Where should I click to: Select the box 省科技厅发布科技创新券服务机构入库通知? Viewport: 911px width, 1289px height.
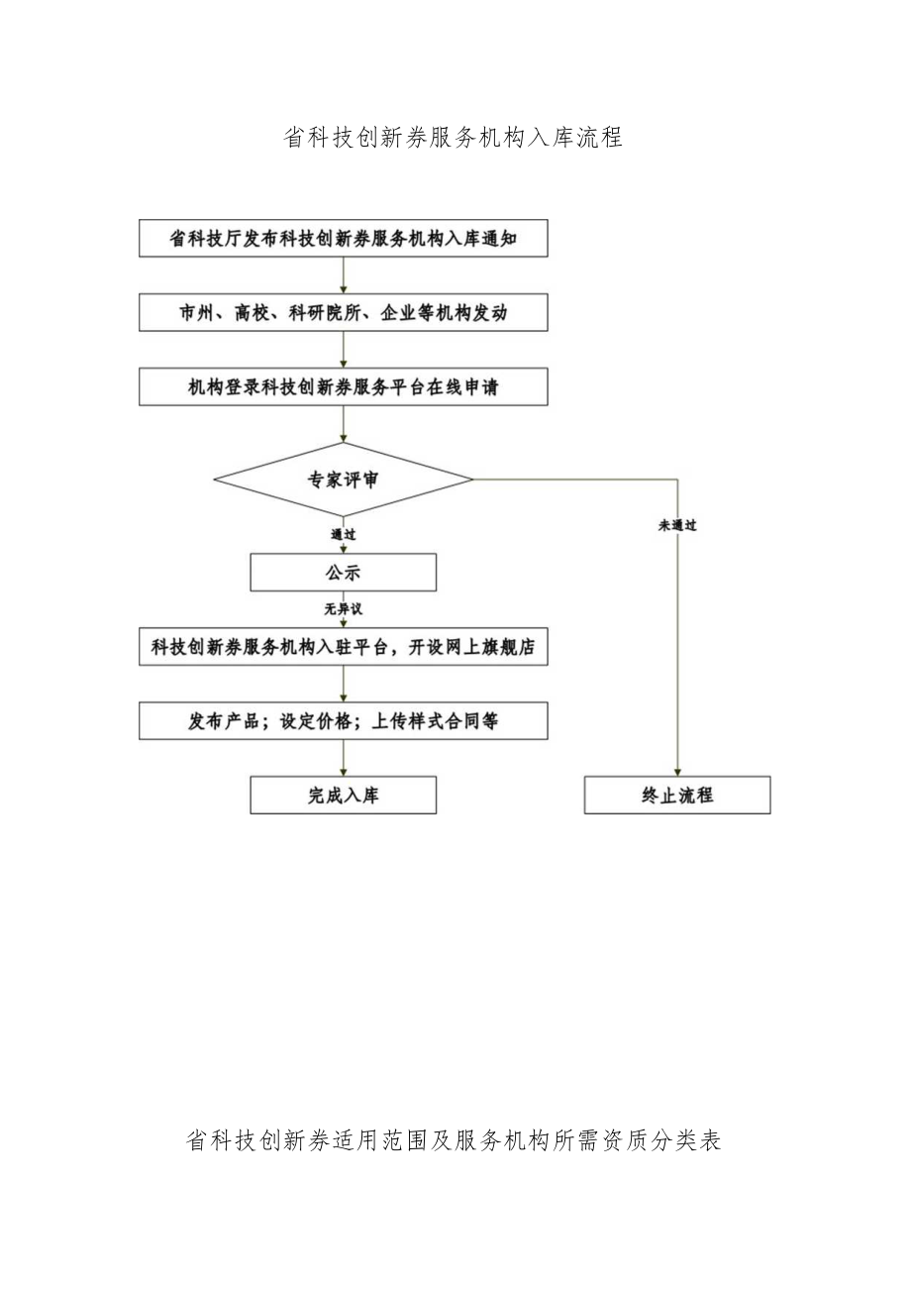coord(343,239)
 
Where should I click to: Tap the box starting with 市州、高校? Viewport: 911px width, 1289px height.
coord(343,313)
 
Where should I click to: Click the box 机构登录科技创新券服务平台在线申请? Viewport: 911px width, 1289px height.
coord(343,387)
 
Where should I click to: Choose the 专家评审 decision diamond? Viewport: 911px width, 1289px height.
coord(343,481)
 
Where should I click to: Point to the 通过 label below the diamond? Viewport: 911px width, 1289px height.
coord(343,534)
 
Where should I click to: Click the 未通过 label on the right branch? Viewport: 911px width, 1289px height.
coord(677,525)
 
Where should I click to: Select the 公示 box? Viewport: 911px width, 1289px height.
coord(343,573)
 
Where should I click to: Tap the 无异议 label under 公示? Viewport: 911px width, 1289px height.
coord(343,609)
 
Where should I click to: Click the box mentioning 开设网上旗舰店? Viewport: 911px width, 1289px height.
coord(343,647)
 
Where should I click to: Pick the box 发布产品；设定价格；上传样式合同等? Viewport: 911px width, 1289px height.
coord(343,721)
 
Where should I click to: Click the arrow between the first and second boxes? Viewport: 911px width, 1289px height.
coord(343,275)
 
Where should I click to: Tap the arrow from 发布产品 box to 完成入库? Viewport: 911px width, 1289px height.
coord(343,758)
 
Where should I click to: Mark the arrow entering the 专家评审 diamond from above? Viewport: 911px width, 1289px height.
coord(343,424)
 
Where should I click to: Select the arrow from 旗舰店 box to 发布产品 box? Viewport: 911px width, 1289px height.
coord(343,684)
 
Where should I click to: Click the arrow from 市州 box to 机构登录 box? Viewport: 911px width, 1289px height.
coord(343,350)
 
